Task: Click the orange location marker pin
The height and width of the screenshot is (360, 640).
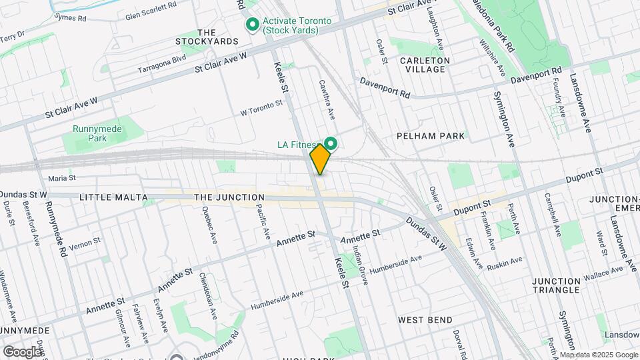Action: click(x=320, y=159)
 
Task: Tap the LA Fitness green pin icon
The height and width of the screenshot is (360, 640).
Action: click(x=331, y=144)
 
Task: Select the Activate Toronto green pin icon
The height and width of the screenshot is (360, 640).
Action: click(x=253, y=25)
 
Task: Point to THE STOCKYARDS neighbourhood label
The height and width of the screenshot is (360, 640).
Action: click(x=207, y=37)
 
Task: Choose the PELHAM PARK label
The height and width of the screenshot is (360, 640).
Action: click(x=429, y=135)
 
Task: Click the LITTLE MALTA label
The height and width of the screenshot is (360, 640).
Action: click(x=111, y=197)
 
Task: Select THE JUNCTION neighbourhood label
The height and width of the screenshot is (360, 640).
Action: click(x=229, y=197)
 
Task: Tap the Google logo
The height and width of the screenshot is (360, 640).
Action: click(x=22, y=351)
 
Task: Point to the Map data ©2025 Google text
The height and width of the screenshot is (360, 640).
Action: click(x=598, y=355)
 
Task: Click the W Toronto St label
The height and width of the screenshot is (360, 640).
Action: click(x=262, y=108)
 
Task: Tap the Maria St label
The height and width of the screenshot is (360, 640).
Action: click(x=62, y=178)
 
